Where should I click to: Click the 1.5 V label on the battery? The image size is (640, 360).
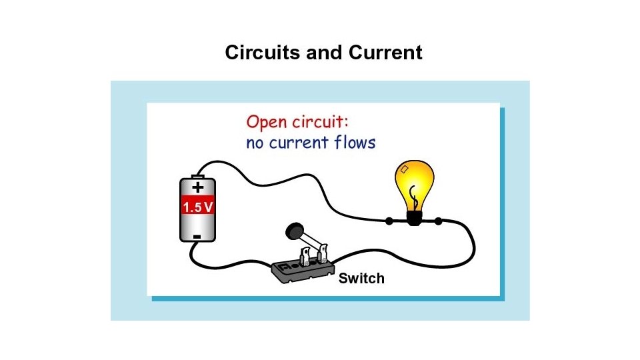(198, 207)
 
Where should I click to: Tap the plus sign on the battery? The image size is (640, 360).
(198, 189)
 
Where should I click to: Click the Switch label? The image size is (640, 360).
(361, 278)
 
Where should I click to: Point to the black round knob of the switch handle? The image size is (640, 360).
(292, 231)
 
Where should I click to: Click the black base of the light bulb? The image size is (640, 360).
(415, 217)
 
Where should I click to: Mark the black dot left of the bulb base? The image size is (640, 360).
(389, 221)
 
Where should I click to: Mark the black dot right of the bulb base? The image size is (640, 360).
(439, 221)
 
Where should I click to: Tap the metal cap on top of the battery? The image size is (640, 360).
(198, 177)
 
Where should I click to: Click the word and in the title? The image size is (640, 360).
(322, 53)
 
